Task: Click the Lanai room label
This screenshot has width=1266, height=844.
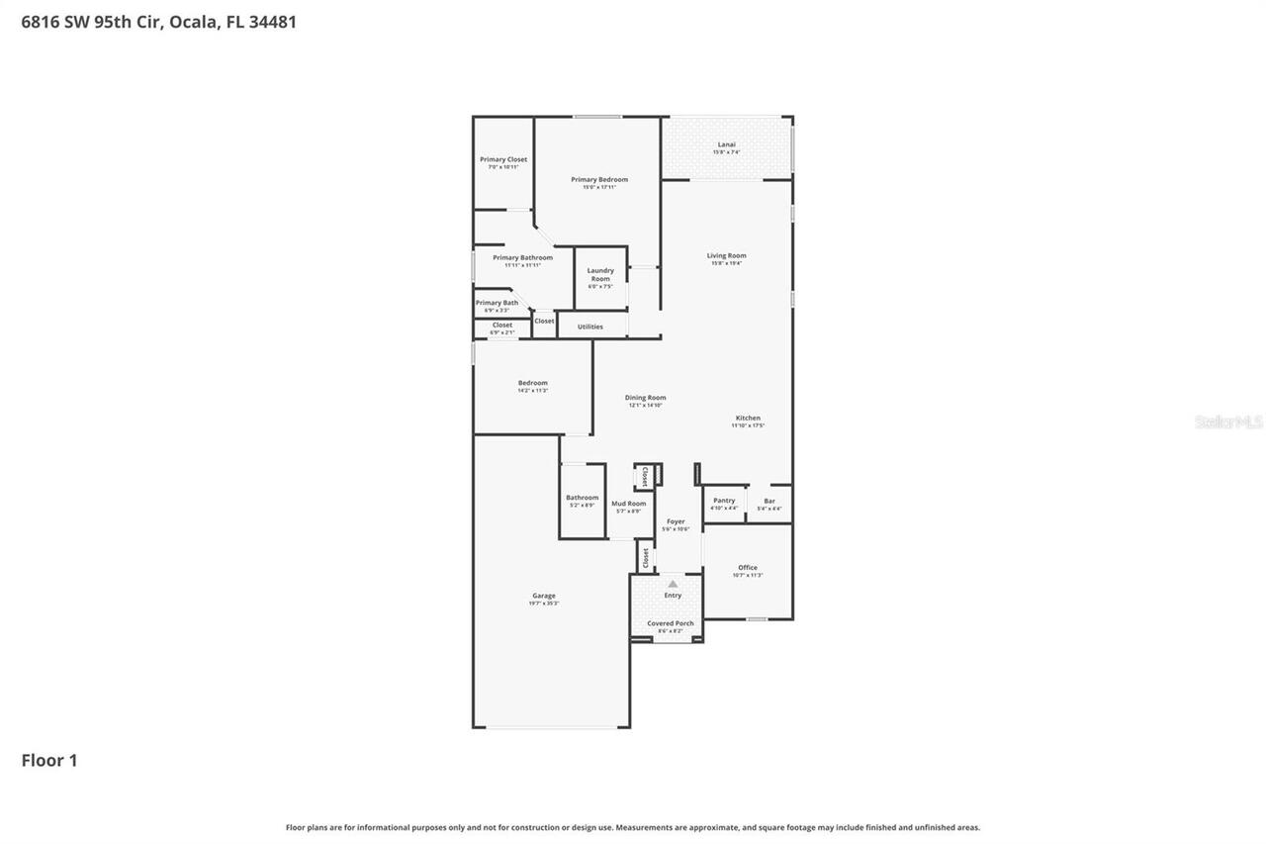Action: (726, 145)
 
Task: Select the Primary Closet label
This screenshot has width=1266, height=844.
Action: (503, 159)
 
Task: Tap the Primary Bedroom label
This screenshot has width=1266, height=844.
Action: (599, 180)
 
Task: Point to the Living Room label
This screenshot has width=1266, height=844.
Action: (726, 256)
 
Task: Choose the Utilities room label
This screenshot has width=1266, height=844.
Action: (589, 327)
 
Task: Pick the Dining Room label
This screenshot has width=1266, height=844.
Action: (645, 398)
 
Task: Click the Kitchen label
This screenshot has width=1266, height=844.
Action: (748, 419)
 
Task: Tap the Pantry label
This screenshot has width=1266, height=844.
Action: (724, 501)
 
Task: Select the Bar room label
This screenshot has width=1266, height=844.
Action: (769, 501)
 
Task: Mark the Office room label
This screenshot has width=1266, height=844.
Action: (748, 568)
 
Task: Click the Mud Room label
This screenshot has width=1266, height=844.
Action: (628, 504)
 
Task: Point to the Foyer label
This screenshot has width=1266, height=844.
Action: (676, 521)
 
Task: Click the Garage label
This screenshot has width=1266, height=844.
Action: (544, 596)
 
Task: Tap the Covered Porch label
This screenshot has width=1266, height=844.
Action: (671, 623)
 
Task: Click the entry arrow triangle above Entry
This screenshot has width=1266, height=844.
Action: (673, 584)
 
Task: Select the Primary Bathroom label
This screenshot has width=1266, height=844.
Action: (522, 257)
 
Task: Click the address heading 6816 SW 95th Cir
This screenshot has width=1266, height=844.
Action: (158, 22)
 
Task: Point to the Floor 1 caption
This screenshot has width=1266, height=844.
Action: (49, 760)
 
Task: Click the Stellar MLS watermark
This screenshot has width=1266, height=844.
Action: (1228, 422)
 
